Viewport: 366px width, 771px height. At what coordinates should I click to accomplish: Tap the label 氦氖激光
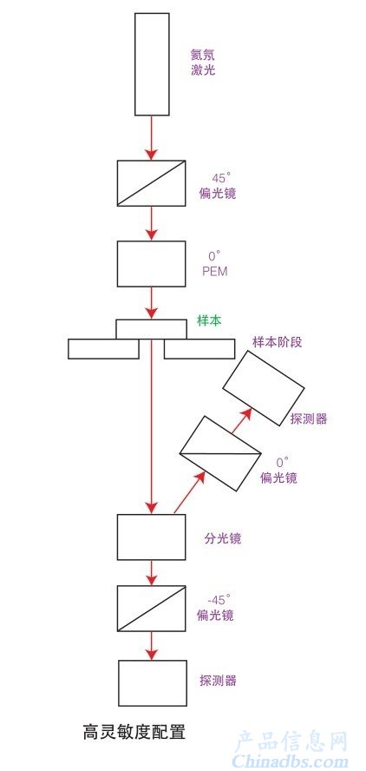203,62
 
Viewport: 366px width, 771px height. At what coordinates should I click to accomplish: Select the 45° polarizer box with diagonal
151,183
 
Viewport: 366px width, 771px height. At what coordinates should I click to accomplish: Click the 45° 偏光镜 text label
218,187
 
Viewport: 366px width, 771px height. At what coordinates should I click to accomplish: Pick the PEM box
151,264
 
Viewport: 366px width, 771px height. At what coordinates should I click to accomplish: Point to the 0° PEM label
215,264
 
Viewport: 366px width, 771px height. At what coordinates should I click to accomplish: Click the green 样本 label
209,321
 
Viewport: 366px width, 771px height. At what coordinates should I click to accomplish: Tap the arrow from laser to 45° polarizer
152,138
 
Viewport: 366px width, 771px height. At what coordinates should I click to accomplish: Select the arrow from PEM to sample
152,303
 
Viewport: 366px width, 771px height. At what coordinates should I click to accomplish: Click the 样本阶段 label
278,342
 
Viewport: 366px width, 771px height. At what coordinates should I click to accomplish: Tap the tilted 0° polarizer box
219,453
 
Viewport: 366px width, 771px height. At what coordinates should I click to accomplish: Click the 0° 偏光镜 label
278,470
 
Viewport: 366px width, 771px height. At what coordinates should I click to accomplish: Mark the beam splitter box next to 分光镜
151,537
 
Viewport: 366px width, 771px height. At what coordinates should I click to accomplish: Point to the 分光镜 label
223,538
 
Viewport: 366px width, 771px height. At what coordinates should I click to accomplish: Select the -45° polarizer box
151,609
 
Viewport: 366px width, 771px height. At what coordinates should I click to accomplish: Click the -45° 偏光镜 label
215,608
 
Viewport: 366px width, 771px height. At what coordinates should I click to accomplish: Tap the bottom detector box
153,683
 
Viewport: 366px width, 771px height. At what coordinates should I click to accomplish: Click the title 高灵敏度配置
134,732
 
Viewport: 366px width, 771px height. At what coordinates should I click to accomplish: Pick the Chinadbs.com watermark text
290,761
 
